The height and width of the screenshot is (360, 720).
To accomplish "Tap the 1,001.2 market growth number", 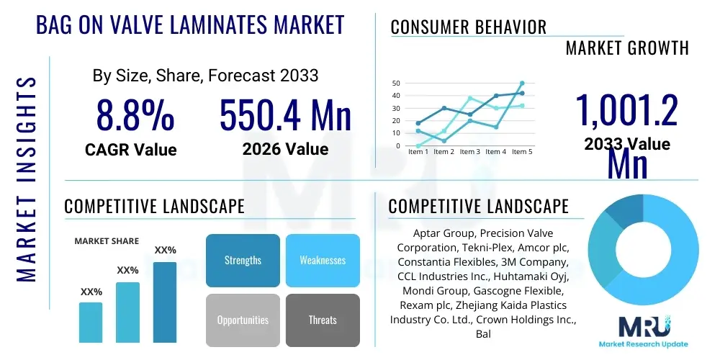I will coord(626,112).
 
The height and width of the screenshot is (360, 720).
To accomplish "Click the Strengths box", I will coord(243,260).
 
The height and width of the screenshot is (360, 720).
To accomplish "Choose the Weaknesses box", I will coord(323,260).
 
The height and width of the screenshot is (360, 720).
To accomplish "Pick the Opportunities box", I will coord(243,320).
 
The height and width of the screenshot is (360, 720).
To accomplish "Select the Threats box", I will coord(323,320).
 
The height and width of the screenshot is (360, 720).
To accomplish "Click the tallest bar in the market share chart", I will coord(165,302).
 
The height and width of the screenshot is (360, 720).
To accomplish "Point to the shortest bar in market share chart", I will coord(91,322).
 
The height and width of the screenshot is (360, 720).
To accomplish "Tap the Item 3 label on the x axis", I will coord(470,152).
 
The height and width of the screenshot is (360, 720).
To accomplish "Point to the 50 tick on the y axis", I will coord(396,83).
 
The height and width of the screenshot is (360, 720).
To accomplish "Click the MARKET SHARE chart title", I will coord(107,240).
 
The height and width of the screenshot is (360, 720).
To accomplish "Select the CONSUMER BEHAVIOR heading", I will coord(469,27).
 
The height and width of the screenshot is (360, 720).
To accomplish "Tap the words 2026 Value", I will coord(285,149).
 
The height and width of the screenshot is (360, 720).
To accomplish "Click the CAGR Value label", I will coord(130,150).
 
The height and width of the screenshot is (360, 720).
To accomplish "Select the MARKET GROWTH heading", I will coord(627,48).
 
